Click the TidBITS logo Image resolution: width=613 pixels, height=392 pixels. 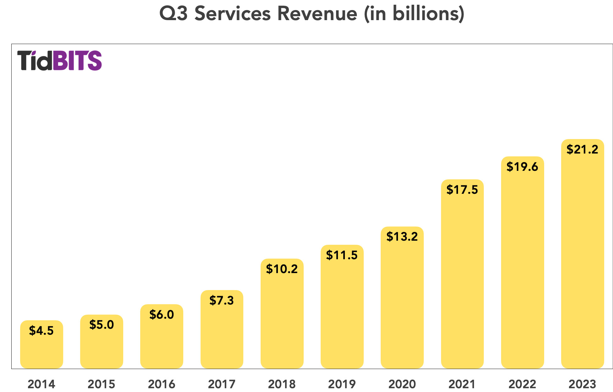[x=59, y=60]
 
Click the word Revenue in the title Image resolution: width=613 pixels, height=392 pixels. [x=317, y=14]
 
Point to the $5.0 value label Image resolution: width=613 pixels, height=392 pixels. [x=102, y=325]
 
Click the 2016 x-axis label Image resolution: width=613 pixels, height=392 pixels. [x=162, y=384]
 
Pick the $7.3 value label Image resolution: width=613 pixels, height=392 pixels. [x=222, y=300]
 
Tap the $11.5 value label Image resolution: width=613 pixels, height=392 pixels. [x=342, y=255]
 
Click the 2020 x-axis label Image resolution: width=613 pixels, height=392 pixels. [x=402, y=384]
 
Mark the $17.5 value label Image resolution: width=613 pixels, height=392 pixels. [x=462, y=190]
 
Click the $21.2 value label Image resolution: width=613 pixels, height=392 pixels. [x=582, y=149]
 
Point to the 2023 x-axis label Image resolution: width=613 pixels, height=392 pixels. [x=582, y=384]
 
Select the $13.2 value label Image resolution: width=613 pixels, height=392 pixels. [x=402, y=237]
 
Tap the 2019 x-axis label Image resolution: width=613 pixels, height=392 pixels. [x=342, y=384]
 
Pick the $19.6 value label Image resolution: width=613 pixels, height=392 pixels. [x=522, y=167]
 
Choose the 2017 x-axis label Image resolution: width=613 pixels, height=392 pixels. [x=222, y=384]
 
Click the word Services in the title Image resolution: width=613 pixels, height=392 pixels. [x=232, y=14]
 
